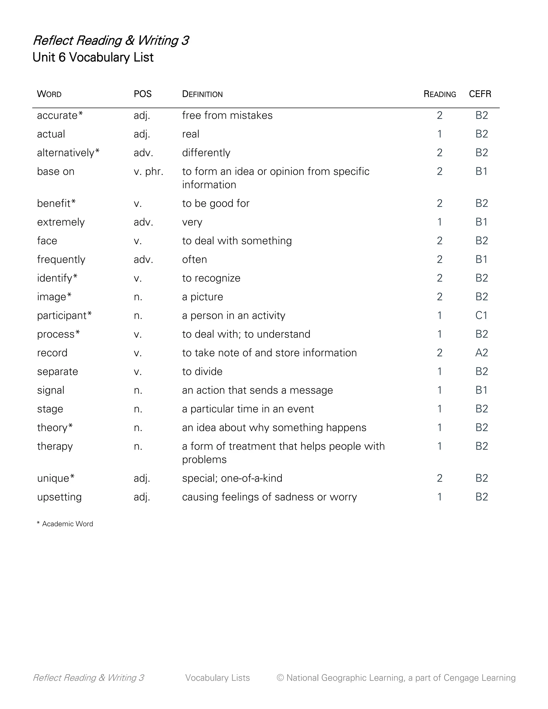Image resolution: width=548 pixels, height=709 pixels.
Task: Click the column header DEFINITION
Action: (x=202, y=94)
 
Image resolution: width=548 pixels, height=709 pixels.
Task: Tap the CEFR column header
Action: (x=480, y=94)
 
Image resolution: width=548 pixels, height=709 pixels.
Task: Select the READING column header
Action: (x=440, y=94)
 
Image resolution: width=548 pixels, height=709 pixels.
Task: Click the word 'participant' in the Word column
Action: (x=62, y=315)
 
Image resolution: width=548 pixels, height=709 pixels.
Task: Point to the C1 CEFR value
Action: (x=481, y=315)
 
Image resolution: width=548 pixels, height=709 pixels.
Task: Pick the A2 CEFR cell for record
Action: (x=481, y=353)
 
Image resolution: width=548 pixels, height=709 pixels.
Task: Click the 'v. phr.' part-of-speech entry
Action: (x=148, y=171)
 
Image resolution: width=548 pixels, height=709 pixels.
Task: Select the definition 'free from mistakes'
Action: (x=227, y=116)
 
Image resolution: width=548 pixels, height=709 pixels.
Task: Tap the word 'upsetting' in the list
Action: (x=59, y=497)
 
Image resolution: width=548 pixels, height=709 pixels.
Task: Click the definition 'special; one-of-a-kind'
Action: (x=232, y=478)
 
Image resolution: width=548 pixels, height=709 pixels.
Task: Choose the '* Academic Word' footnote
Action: (x=65, y=524)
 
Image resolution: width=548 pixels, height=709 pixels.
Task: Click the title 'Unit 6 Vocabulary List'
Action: (x=93, y=58)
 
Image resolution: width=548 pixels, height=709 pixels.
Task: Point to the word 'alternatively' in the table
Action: (x=66, y=153)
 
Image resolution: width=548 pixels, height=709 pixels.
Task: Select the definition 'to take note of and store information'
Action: (x=269, y=353)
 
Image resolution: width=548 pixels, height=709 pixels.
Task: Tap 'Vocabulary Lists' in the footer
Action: (x=218, y=678)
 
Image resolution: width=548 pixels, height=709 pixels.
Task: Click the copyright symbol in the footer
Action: (x=280, y=678)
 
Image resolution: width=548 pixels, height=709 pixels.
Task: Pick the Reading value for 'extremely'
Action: (x=440, y=222)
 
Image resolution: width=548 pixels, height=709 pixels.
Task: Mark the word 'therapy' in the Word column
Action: (x=55, y=446)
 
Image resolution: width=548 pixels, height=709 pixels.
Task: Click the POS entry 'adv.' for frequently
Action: (x=143, y=260)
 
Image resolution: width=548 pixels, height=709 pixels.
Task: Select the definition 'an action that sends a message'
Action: (x=257, y=390)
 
